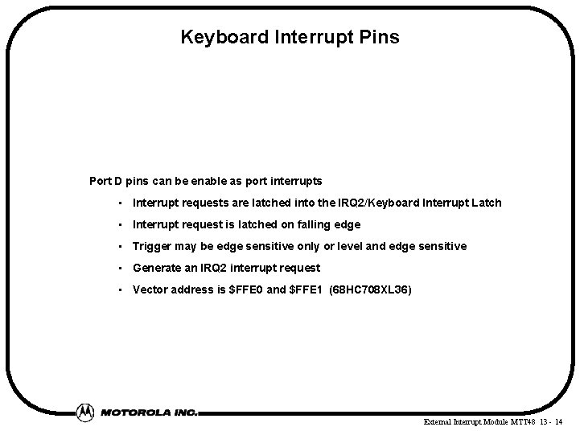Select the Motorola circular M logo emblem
point(85,412)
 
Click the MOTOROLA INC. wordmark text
point(149,412)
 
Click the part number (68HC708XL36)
point(371,289)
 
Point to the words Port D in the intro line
point(105,181)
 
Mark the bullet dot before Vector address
point(119,290)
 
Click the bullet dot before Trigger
point(119,247)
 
